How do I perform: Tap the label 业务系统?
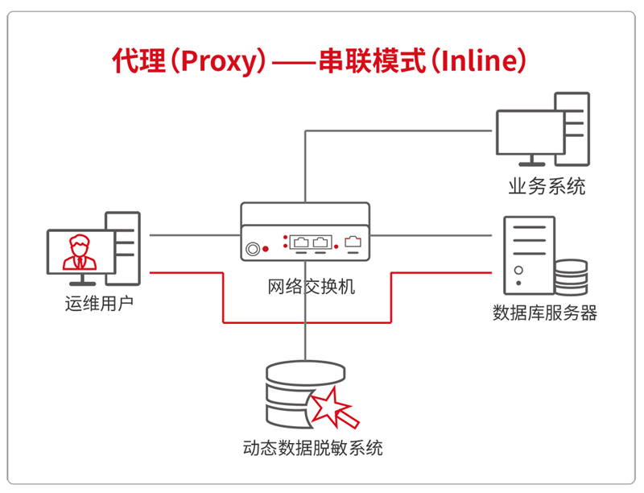pyautogui.click(x=547, y=187)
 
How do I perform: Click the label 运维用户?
pyautogui.click(x=97, y=304)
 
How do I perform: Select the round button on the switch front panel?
pyautogui.click(x=253, y=247)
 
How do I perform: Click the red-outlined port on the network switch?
pyautogui.click(x=353, y=241)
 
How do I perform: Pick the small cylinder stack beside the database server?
pyautogui.click(x=571, y=278)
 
